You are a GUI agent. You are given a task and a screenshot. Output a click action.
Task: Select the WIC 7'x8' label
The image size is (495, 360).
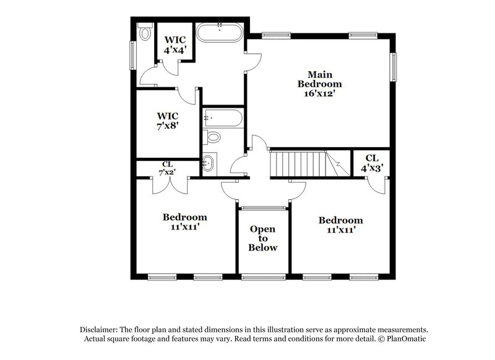pos(168,121)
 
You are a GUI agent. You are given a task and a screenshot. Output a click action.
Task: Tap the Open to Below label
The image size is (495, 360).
pos(263,238)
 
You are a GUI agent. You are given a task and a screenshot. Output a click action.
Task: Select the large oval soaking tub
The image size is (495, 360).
pos(220,32)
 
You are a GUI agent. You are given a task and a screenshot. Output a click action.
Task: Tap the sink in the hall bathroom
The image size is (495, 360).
pos(209,163)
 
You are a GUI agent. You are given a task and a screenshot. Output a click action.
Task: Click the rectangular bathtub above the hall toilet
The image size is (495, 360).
pos(220,117)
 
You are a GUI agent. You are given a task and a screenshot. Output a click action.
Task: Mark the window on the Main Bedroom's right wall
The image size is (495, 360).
pos(392,66)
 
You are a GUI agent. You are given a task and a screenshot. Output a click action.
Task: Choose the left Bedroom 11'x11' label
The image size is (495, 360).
pos(185,222)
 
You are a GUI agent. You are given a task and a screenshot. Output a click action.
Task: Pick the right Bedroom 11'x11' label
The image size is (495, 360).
pos(340,225)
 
